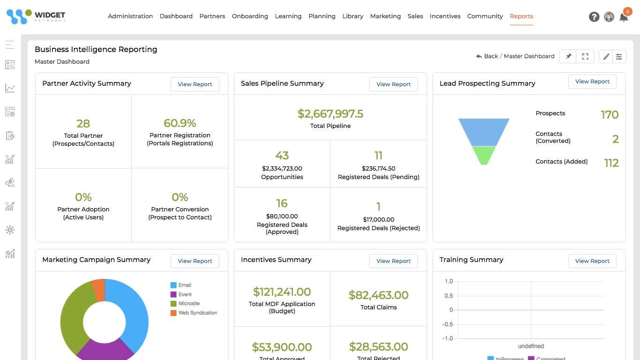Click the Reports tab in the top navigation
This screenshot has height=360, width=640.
[521, 16]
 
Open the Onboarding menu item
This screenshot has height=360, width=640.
[250, 16]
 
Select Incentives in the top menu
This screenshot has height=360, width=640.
[445, 16]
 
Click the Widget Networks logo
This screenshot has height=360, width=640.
[36, 16]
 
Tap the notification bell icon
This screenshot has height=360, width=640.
[623, 17]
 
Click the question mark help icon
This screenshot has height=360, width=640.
[594, 17]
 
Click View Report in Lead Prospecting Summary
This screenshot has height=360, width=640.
[592, 82]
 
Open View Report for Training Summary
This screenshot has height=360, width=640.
[592, 261]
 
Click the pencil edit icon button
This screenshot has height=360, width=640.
[606, 56]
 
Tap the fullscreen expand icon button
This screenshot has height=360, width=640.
[585, 56]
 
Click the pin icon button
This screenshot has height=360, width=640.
[568, 56]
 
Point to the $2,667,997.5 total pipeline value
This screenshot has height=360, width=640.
[330, 114]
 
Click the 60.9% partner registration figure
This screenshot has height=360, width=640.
[179, 123]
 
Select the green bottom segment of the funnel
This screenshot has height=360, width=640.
[484, 154]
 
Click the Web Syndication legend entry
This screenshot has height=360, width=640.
[197, 313]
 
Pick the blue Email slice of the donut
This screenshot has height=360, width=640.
[131, 309]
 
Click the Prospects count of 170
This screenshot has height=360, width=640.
[609, 115]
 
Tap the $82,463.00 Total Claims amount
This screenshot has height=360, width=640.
[378, 295]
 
